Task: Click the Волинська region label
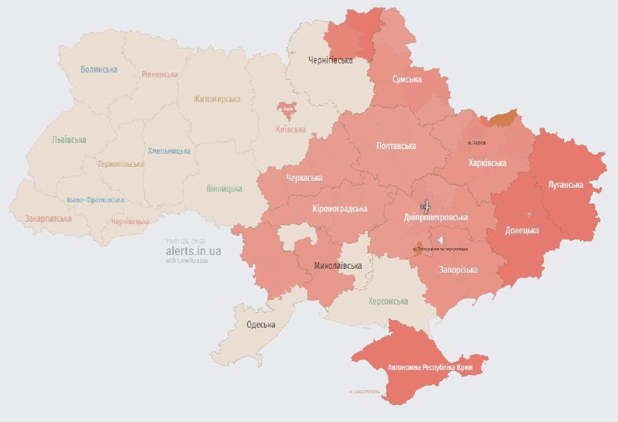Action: pyautogui.click(x=99, y=70)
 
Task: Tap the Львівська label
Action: pyautogui.click(x=69, y=140)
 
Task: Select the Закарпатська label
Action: pyautogui.click(x=48, y=219)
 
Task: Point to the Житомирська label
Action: pyautogui.click(x=217, y=99)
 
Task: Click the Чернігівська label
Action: pyautogui.click(x=331, y=60)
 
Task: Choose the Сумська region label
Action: pyautogui.click(x=406, y=80)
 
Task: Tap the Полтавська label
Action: pyautogui.click(x=396, y=146)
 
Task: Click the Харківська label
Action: pyautogui.click(x=487, y=163)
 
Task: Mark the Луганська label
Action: pyautogui.click(x=565, y=185)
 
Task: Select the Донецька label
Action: pyautogui.click(x=521, y=230)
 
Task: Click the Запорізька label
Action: pyautogui.click(x=458, y=270)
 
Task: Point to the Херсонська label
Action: pyautogui.click(x=388, y=301)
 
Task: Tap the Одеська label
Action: pyautogui.click(x=261, y=324)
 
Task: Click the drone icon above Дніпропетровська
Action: pyautogui.click(x=425, y=206)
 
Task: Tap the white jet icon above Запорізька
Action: pyautogui.click(x=440, y=240)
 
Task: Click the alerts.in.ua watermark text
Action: pyautogui.click(x=194, y=251)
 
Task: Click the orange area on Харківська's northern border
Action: pyautogui.click(x=502, y=118)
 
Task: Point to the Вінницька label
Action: pyautogui.click(x=224, y=189)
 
